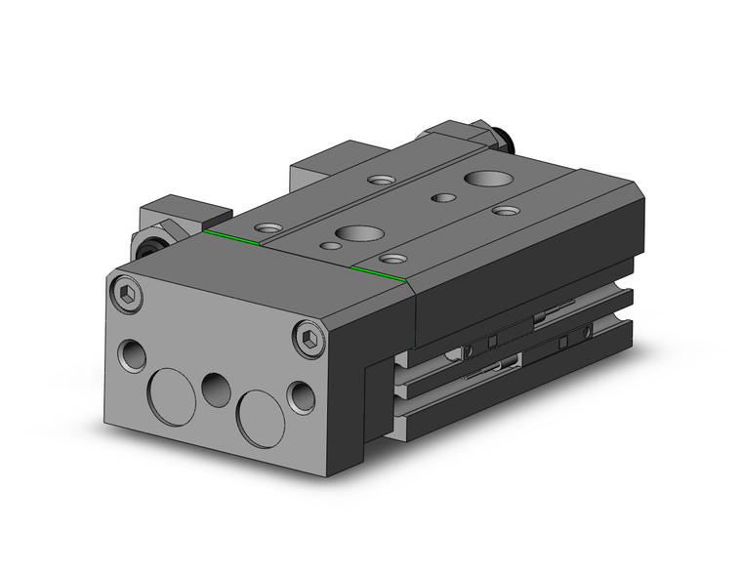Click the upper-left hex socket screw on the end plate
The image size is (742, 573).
[x=127, y=293]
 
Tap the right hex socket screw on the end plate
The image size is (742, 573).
[x=309, y=338]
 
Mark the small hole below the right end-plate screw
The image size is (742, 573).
[x=303, y=394]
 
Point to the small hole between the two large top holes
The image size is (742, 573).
[x=444, y=198]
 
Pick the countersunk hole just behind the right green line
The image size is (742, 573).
[x=393, y=259]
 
